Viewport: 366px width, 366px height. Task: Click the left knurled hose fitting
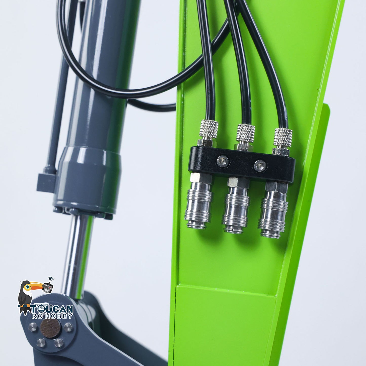coord(209,129)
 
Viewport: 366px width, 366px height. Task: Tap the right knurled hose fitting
coord(283,138)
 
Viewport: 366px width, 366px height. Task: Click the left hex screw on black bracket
coord(223,161)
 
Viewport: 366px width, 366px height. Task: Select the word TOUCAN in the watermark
coord(52,309)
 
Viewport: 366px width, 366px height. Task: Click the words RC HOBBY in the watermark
coord(52,316)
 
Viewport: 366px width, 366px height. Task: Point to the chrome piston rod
coord(76,256)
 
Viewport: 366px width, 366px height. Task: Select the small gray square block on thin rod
coord(46,182)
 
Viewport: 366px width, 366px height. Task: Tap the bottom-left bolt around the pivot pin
coord(41,343)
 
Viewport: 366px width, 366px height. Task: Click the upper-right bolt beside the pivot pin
coord(68,327)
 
